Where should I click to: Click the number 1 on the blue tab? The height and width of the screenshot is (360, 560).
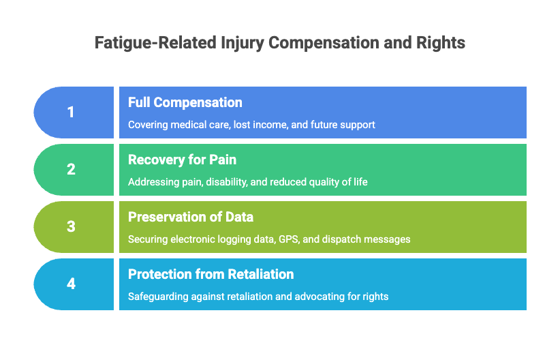71,112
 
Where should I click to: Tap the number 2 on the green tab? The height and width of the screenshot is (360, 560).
71,170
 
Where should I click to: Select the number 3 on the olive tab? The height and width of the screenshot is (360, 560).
71,227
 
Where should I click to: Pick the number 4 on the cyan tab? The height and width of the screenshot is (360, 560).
71,284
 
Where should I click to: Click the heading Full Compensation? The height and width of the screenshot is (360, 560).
185,103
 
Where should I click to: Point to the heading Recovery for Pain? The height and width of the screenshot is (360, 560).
182,160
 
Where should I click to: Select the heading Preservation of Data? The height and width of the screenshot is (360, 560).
191,217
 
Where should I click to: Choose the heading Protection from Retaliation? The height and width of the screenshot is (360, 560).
211,274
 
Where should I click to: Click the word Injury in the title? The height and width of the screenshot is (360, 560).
241,43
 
